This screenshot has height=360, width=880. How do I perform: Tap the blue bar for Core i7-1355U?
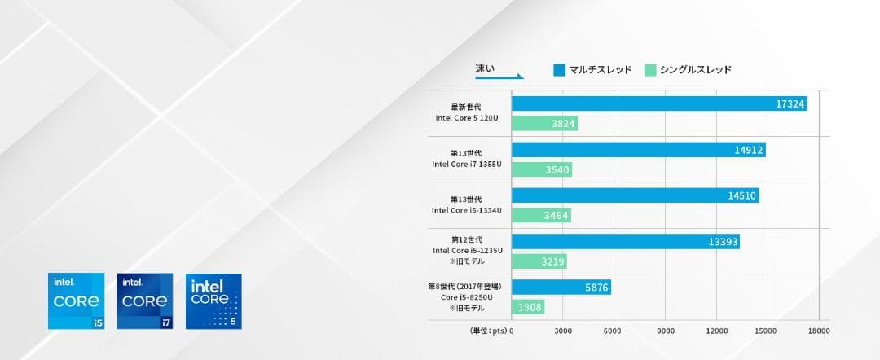pos(638,150)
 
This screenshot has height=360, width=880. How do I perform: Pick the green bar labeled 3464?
pos(541,215)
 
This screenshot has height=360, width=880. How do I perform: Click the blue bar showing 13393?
pos(625,241)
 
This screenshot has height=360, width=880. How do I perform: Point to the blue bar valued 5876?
pos(561,288)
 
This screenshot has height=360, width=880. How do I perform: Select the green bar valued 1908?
pos(527,307)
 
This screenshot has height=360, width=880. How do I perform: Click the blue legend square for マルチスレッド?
pos(559,70)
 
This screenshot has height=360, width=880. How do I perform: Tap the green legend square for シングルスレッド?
pos(649,70)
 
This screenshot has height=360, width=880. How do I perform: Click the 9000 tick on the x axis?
pos(665,331)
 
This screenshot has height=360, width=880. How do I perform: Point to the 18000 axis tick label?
pos(818,331)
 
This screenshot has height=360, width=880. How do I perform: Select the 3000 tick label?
pos(562,331)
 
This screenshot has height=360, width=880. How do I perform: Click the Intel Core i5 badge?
pos(77,301)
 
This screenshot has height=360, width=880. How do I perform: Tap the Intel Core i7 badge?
pos(145,301)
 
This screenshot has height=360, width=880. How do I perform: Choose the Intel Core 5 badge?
pos(213,301)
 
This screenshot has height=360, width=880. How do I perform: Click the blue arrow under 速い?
pos(499,78)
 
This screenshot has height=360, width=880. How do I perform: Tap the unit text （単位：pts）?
pos(488,331)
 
